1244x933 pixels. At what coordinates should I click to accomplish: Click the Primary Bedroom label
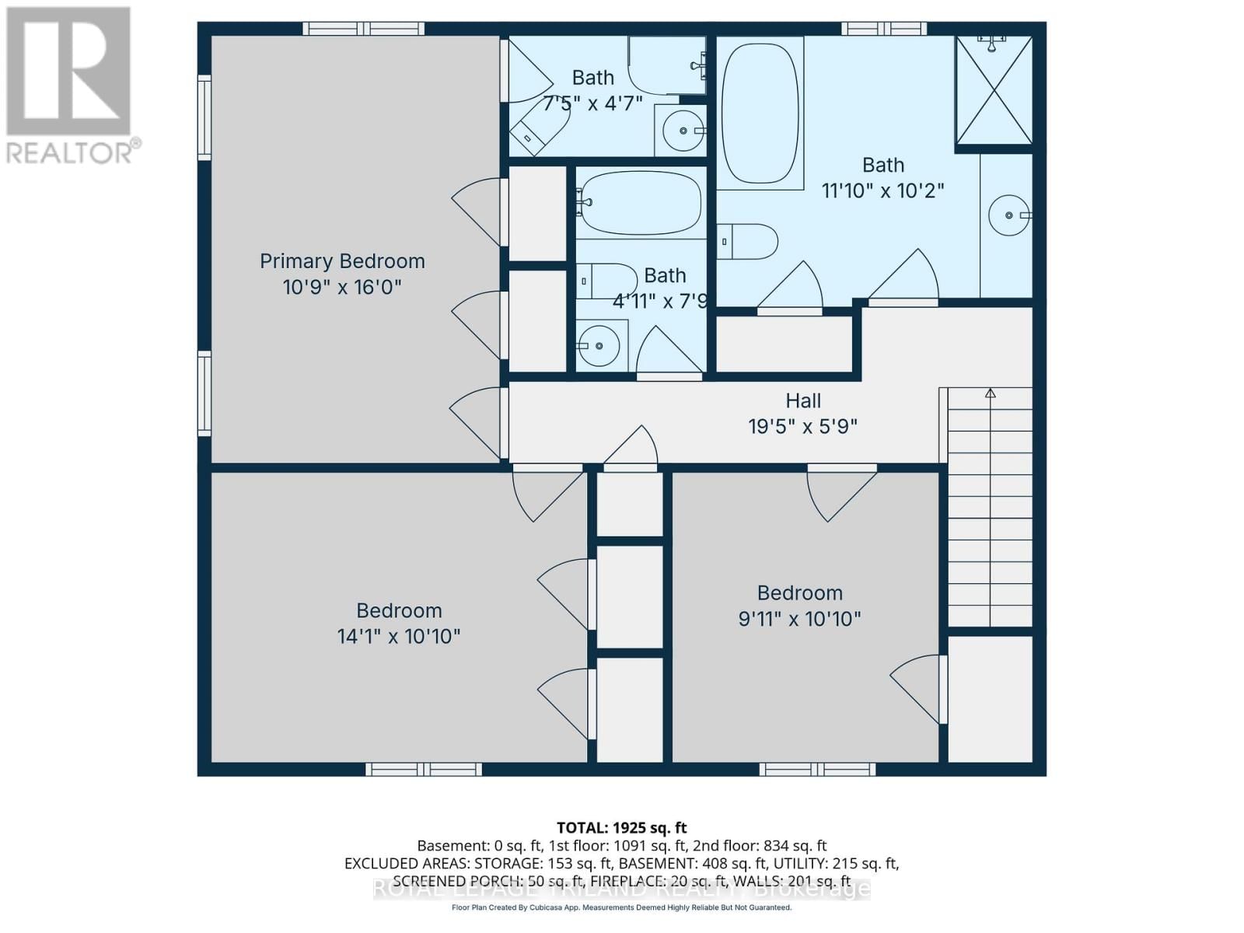pyautogui.click(x=342, y=261)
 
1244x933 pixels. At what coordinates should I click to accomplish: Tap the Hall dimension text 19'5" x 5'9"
pyautogui.click(x=802, y=426)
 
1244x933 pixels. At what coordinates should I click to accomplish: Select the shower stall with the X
pyautogui.click(x=994, y=90)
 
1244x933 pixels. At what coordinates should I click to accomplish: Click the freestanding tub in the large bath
pyautogui.click(x=760, y=113)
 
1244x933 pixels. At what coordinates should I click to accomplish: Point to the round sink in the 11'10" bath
pyautogui.click(x=1008, y=215)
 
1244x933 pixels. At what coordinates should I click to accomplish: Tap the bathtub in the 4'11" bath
pyautogui.click(x=640, y=203)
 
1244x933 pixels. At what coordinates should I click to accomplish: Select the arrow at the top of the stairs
pyautogui.click(x=990, y=394)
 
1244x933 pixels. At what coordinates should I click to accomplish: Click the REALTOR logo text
pyautogui.click(x=74, y=152)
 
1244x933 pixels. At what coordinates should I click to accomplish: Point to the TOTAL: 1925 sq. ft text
pyautogui.click(x=621, y=828)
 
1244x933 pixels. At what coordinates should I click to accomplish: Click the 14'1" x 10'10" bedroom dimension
pyautogui.click(x=398, y=637)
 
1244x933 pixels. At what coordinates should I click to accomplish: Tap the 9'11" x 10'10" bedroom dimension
pyautogui.click(x=799, y=619)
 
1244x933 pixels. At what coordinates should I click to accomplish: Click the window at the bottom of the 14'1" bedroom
pyautogui.click(x=424, y=770)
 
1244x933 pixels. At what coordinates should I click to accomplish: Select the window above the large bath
pyautogui.click(x=884, y=29)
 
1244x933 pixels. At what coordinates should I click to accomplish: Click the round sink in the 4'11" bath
pyautogui.click(x=598, y=346)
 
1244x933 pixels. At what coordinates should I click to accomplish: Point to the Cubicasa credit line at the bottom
pyautogui.click(x=621, y=908)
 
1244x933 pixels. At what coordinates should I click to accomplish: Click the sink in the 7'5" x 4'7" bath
pyautogui.click(x=683, y=131)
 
